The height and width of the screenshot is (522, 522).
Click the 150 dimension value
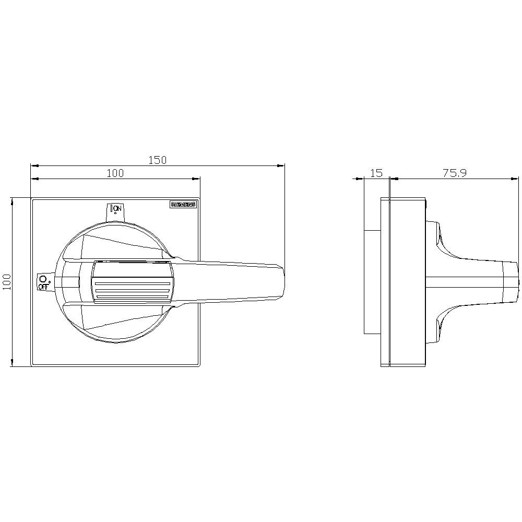coord(157,160)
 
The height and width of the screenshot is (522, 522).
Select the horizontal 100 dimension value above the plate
coord(115,173)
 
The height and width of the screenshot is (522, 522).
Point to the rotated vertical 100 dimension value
coord(6,282)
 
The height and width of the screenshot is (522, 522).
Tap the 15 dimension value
coord(376,173)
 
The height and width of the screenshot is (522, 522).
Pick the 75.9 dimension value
coord(454,173)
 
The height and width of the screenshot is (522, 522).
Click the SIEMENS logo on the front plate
coord(183,205)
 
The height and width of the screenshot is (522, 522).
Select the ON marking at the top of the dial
coord(116,208)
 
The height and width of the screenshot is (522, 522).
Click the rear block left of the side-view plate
coord(372,282)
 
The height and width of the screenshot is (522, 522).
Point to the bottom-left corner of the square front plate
coord(32,365)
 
